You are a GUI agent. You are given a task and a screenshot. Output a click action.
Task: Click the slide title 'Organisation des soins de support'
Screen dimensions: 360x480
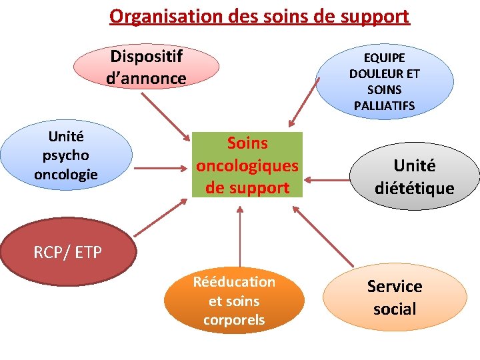coord(259,15)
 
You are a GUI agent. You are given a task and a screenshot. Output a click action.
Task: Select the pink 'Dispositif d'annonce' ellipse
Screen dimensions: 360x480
coord(146,67)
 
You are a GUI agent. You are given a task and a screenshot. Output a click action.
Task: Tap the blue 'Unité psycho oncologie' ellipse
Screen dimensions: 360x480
coord(66,155)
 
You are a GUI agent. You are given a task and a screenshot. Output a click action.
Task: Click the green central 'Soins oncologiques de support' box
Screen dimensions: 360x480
coord(247,165)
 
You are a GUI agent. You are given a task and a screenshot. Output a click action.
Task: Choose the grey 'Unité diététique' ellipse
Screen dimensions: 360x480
coord(414,177)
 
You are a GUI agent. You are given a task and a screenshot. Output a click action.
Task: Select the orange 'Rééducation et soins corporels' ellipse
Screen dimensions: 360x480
coord(234,301)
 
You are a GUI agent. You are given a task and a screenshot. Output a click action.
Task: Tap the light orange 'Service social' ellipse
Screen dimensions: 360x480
coord(395,297)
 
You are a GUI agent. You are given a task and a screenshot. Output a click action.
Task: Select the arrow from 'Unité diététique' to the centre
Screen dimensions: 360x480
coord(327,180)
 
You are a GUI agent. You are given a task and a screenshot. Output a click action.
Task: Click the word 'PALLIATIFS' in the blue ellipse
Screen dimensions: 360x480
coord(384,105)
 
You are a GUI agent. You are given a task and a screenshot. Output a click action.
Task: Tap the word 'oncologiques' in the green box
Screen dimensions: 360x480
coord(247,165)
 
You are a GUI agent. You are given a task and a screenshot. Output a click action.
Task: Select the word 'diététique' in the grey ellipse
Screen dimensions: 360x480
coord(414,189)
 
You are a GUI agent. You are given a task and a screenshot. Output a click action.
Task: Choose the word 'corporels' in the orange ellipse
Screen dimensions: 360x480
coord(234,320)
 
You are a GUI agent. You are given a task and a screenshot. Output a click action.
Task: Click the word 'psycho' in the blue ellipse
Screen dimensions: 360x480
coord(66,155)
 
